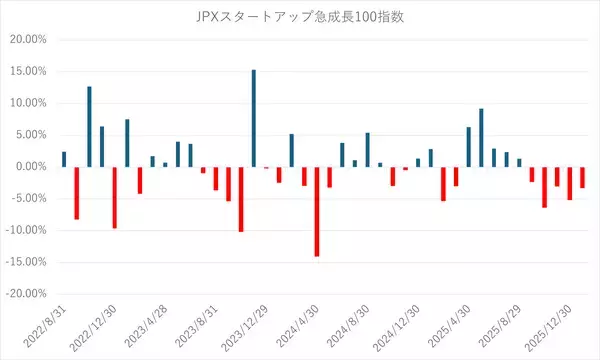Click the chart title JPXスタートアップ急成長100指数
(300, 17)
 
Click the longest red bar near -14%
(317, 211)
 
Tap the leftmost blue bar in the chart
(64, 159)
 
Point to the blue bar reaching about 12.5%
(89, 126)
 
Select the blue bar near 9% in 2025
(481, 137)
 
